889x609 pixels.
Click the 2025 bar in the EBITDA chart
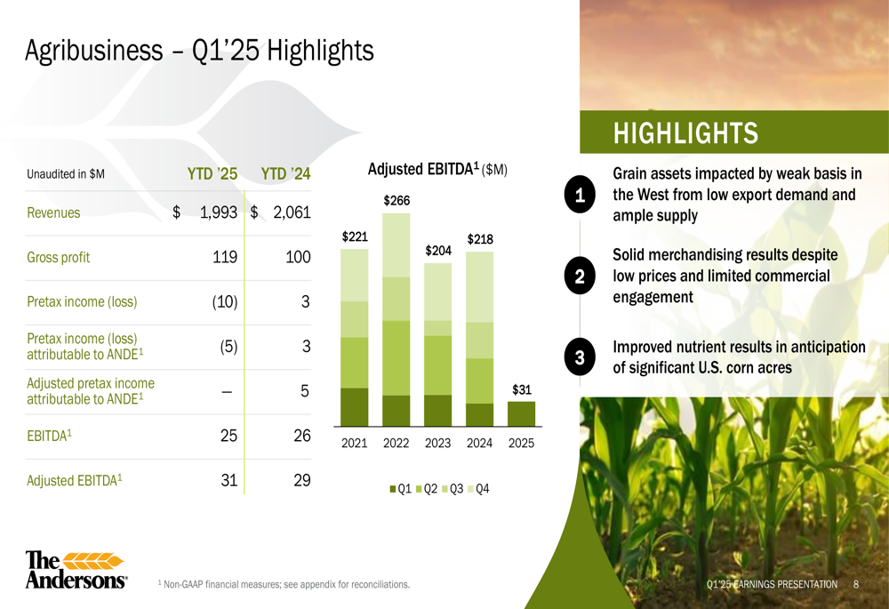click(521, 413)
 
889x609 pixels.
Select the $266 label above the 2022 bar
click(396, 201)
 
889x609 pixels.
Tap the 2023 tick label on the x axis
click(437, 443)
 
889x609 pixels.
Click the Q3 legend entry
click(453, 489)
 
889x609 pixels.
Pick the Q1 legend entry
click(400, 489)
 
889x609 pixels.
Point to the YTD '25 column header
click(212, 173)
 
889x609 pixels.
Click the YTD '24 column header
click(285, 173)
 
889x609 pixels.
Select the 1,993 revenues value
click(219, 212)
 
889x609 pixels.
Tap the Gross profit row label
click(59, 258)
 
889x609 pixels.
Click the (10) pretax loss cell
click(225, 301)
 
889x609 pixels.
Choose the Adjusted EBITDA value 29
click(302, 480)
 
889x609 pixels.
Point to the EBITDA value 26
click(302, 436)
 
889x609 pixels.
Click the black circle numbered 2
click(580, 276)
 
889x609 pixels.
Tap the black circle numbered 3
click(580, 357)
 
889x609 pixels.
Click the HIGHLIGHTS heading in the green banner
click(685, 133)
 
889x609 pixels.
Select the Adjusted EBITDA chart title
click(437, 169)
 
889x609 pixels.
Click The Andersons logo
click(76, 569)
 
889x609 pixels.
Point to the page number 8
click(855, 584)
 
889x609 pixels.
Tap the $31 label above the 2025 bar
click(522, 389)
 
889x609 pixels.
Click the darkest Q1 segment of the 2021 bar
click(355, 407)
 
